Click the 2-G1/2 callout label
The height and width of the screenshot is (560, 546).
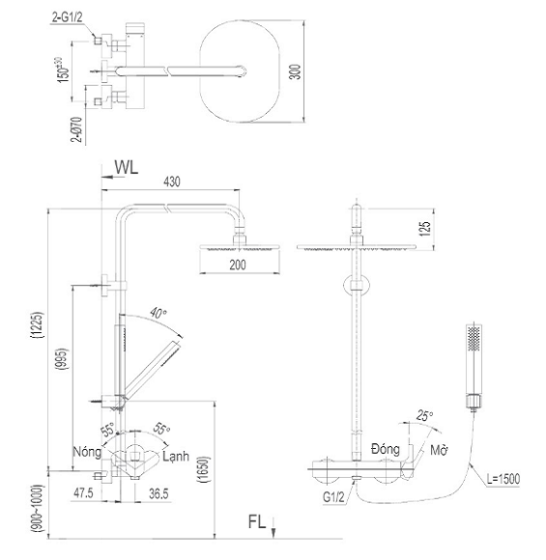(x=68, y=17)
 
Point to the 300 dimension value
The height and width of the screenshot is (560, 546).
(x=295, y=71)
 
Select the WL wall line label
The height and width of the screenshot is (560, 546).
(x=127, y=167)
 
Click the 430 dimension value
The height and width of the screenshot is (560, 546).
(x=172, y=182)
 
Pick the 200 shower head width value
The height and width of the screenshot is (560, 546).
(x=238, y=265)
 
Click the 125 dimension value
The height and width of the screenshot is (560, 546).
(x=424, y=229)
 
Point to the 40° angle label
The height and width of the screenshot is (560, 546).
(x=158, y=313)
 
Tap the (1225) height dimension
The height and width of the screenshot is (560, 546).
(x=38, y=325)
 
